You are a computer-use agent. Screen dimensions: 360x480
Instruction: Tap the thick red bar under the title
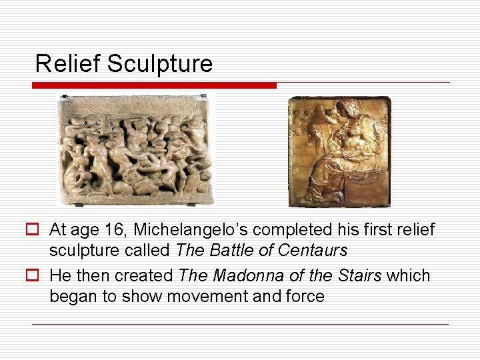tap(154, 85)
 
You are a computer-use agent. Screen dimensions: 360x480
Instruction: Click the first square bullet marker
tap(37, 230)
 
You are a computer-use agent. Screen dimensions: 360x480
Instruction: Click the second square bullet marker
tap(37, 275)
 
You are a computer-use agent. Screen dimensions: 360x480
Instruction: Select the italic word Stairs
tap(361, 276)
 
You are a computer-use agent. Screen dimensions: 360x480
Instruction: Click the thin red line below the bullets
tap(240, 324)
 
